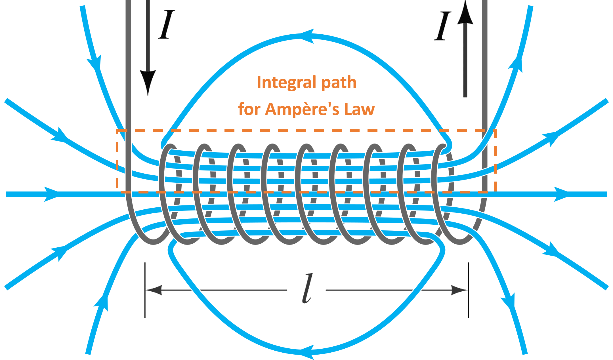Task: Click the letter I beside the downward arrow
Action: [x=167, y=24]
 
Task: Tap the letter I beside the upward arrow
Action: [x=443, y=26]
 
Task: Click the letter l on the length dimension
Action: [x=307, y=289]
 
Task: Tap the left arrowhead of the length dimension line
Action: [x=154, y=290]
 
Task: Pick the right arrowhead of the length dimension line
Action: [x=459, y=290]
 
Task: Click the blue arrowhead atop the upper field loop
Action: [x=307, y=36]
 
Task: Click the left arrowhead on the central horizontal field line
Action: [x=51, y=194]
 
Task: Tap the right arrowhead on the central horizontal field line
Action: [x=561, y=194]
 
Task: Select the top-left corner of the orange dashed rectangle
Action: [x=117, y=131]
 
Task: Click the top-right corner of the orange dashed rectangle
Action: [x=495, y=131]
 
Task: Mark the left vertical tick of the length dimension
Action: [x=145, y=290]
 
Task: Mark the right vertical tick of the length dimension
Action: [x=468, y=290]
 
